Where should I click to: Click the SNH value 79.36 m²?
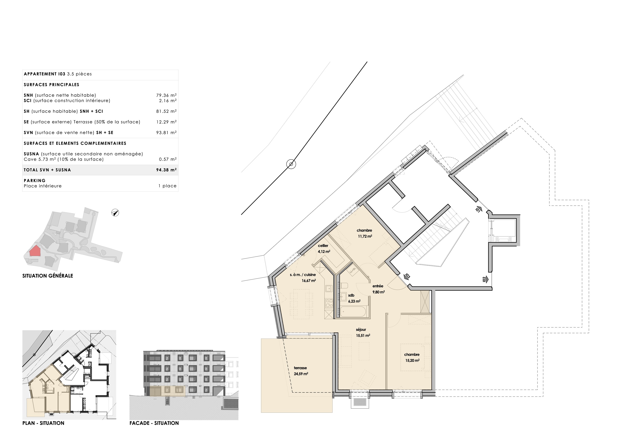(166, 95)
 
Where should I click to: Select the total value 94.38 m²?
(166, 170)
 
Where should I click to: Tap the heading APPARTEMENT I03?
(45, 74)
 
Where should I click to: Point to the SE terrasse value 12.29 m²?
(166, 122)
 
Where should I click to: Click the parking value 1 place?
(167, 186)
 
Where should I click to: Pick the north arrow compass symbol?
(115, 213)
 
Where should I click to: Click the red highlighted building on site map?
(35, 251)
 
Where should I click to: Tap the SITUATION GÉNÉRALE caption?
(48, 276)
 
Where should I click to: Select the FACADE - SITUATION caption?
(154, 423)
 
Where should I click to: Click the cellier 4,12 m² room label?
(324, 249)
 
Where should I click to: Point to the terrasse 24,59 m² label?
(301, 371)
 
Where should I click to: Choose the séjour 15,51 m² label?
(363, 333)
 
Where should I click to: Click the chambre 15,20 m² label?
(412, 357)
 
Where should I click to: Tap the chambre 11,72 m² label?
(364, 233)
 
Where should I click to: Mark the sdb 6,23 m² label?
(354, 298)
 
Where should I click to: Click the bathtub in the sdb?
(353, 312)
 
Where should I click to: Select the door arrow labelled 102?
(485, 279)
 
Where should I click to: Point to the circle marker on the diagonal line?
(291, 164)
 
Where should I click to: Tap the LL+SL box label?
(352, 270)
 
